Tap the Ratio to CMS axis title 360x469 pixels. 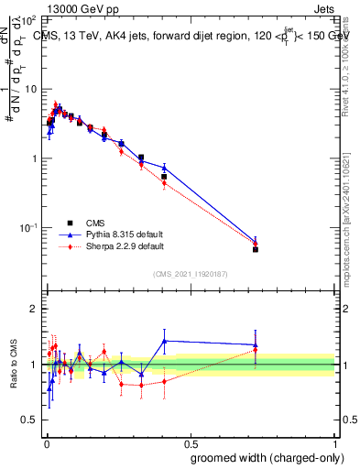(x=14, y=365)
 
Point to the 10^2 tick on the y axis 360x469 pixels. (x=27, y=20)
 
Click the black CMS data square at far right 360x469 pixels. (x=256, y=249)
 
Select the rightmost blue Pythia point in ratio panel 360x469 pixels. (x=256, y=344)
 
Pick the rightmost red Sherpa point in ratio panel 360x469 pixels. (x=256, y=350)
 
